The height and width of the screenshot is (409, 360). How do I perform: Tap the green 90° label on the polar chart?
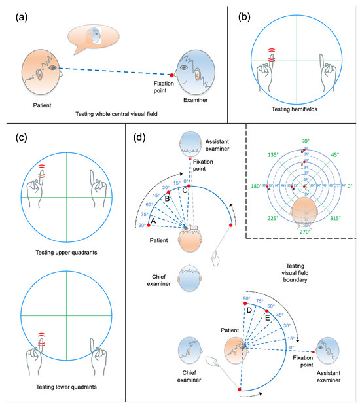(304, 141)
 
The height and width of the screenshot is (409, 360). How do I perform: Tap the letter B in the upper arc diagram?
(168, 197)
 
